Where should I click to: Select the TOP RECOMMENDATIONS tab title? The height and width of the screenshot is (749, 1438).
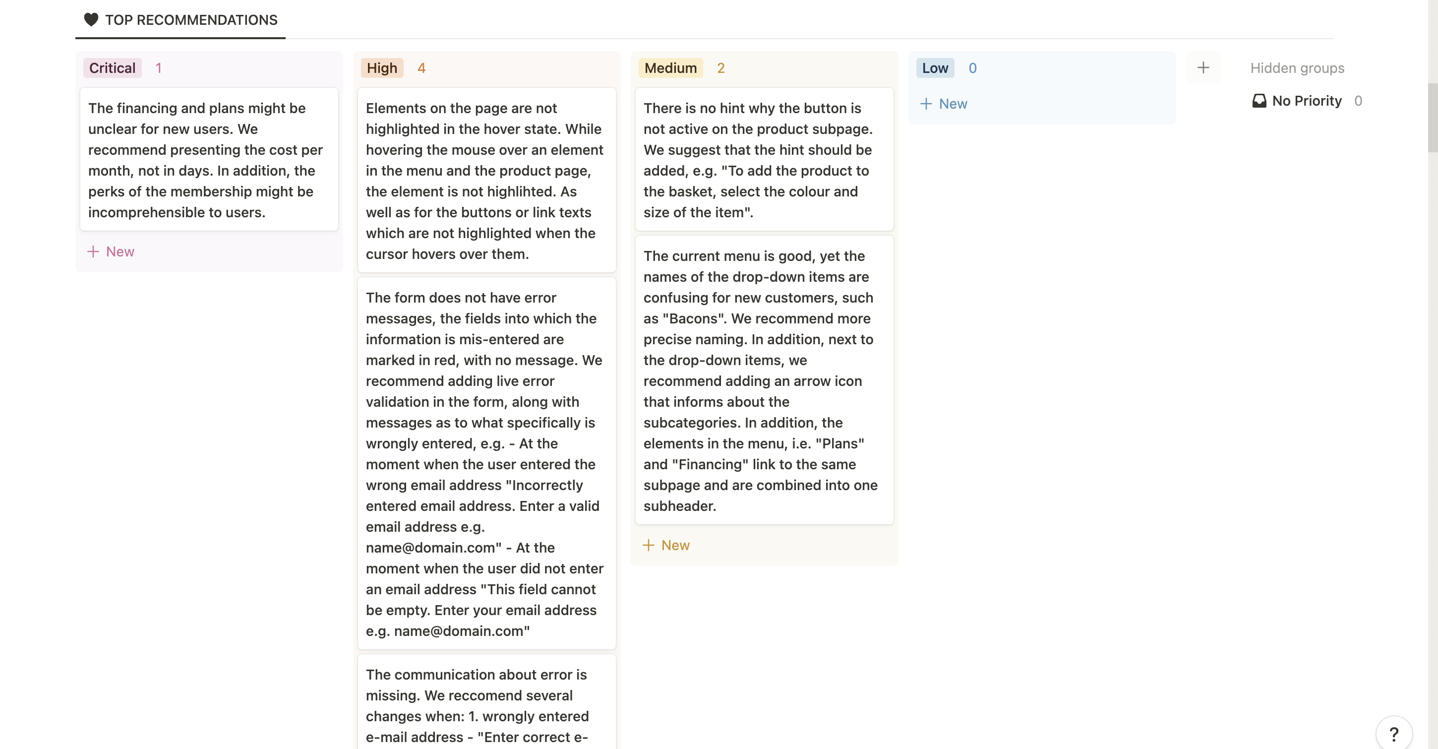[191, 20]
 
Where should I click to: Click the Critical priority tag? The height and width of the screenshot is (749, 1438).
[112, 68]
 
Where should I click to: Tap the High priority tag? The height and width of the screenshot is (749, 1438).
[382, 68]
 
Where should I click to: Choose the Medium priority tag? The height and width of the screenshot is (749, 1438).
[670, 68]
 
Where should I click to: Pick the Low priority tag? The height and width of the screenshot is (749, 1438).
[935, 68]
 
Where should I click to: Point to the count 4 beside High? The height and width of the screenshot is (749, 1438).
[421, 68]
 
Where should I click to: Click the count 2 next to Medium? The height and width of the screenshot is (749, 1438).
[720, 68]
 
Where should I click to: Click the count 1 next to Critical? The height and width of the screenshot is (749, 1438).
[159, 68]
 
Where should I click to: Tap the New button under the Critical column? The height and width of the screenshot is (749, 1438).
[111, 251]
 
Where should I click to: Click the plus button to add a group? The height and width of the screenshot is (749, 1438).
[1203, 67]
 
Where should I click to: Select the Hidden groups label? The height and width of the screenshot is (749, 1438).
[1297, 68]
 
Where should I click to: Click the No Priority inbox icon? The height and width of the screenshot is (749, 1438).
[1259, 101]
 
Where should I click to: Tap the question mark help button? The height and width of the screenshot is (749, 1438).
[1393, 733]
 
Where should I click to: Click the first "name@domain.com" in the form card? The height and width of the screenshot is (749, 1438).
[430, 548]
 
